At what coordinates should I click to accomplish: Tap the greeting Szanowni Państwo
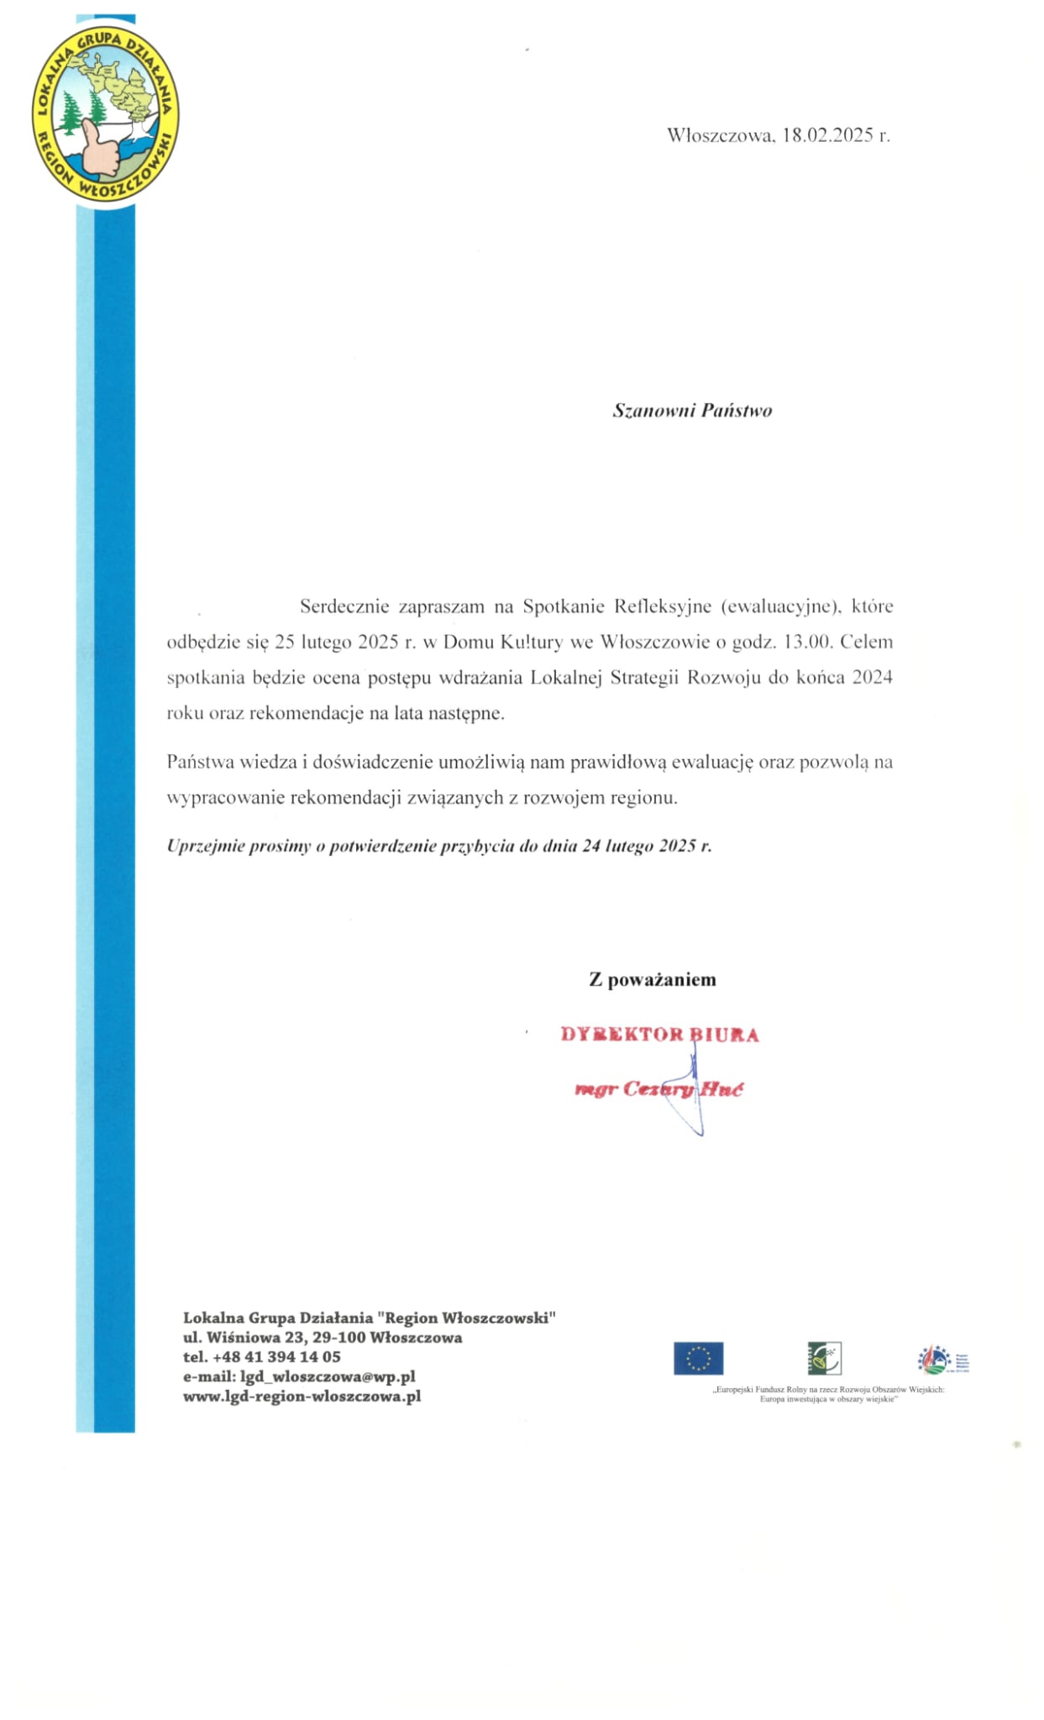(x=692, y=411)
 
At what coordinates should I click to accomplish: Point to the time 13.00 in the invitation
(x=807, y=642)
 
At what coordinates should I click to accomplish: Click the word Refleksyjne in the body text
(x=664, y=606)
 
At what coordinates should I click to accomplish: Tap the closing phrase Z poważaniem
(x=653, y=979)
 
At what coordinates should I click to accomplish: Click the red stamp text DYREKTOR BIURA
(x=659, y=1035)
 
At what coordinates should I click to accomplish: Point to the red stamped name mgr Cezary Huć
(x=658, y=1090)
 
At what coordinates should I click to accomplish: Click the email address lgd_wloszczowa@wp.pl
(x=328, y=1377)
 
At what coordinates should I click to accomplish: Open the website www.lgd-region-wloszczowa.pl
(x=302, y=1397)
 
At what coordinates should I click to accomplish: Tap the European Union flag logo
(x=698, y=1358)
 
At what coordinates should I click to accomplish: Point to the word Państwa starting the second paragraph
(x=200, y=763)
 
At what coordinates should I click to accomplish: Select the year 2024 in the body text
(x=872, y=678)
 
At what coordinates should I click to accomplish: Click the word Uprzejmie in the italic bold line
(x=205, y=846)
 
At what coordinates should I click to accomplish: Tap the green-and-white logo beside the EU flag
(x=824, y=1358)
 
